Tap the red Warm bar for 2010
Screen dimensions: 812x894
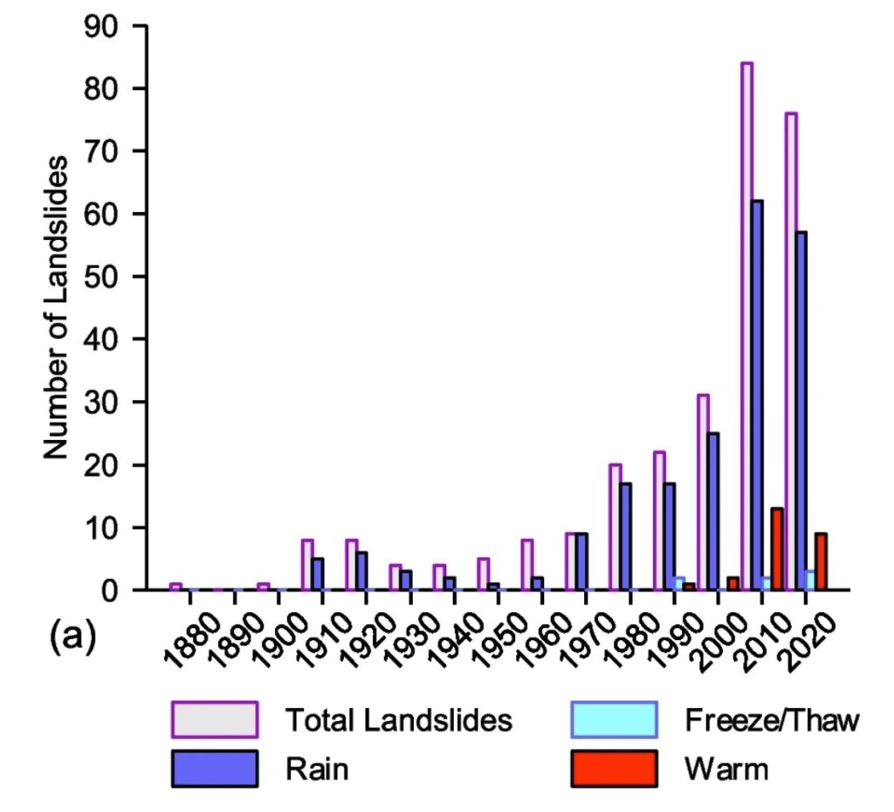776,549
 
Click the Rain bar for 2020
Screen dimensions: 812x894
801,410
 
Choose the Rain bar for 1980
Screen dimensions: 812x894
669,536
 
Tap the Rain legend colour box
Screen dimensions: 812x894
215,768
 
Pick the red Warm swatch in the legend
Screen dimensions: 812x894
612,768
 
